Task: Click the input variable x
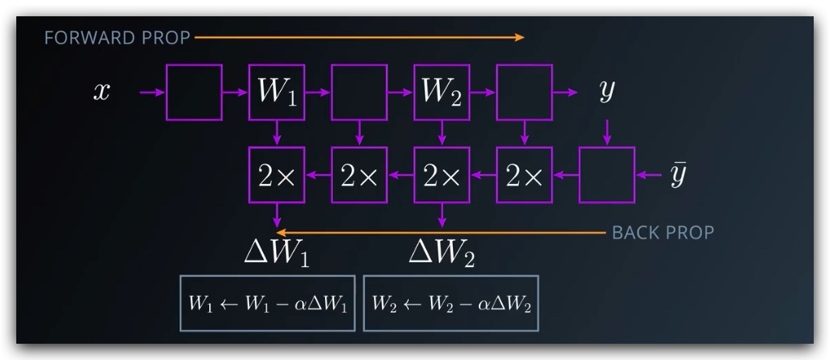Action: tap(101, 92)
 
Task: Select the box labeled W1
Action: tap(277, 92)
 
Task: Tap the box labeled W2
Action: tap(441, 92)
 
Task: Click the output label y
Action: tap(606, 92)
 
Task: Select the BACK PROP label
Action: tap(662, 233)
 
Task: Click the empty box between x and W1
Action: tap(194, 92)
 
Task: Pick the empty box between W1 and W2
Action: tap(359, 92)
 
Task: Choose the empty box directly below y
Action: tap(606, 175)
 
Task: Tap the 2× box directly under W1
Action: tap(277, 175)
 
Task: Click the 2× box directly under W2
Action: tap(441, 175)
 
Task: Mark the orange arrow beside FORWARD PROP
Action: tap(358, 37)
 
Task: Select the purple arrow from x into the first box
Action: tap(152, 92)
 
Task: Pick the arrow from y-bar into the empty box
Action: tap(649, 175)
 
